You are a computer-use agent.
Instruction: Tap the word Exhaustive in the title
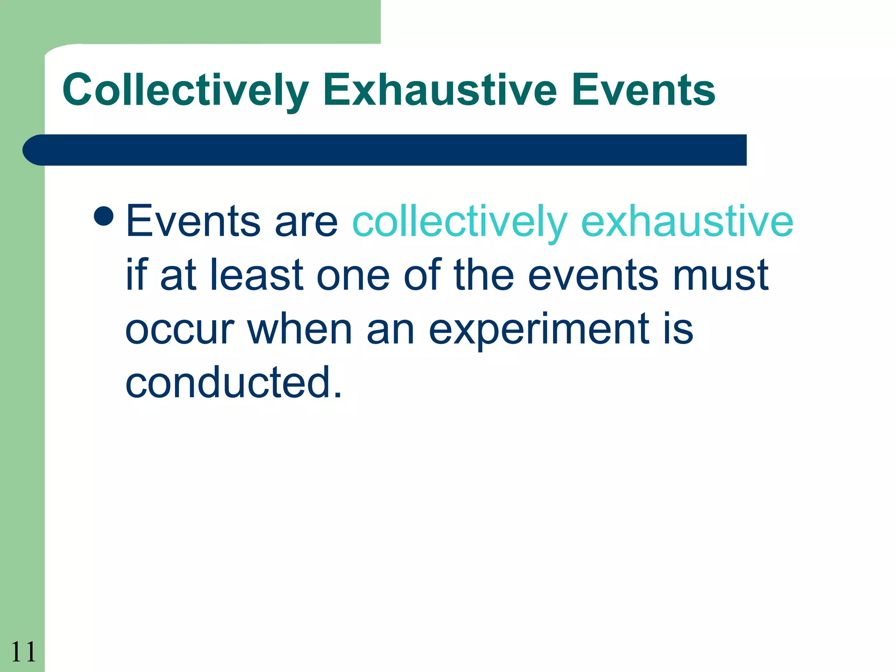pos(440,90)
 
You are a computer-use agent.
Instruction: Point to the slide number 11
pos(23,652)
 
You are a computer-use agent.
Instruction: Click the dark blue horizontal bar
pos(385,150)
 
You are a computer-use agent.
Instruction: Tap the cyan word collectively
pos(460,222)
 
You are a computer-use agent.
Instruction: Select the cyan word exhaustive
pos(687,222)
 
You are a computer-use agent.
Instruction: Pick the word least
pos(257,276)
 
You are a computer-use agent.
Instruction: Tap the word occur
pos(180,329)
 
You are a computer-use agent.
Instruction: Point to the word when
pos(300,329)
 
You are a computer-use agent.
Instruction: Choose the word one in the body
pos(353,276)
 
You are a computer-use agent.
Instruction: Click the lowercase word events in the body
pos(593,276)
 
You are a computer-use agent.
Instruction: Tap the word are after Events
pos(306,222)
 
